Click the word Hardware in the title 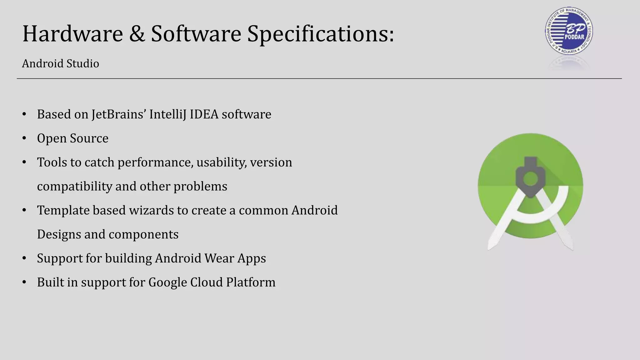pyautogui.click(x=72, y=34)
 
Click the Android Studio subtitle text pyautogui.click(x=60, y=64)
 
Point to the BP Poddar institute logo pyautogui.click(x=569, y=31)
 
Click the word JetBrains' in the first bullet pyautogui.click(x=119, y=114)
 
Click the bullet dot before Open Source pyautogui.click(x=24, y=138)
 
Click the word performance pyautogui.click(x=155, y=162)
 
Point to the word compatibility pyautogui.click(x=74, y=187)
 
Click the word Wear pyautogui.click(x=219, y=258)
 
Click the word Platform pyautogui.click(x=251, y=282)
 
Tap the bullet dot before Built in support pyautogui.click(x=24, y=282)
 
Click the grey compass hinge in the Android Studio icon pyautogui.click(x=530, y=178)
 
